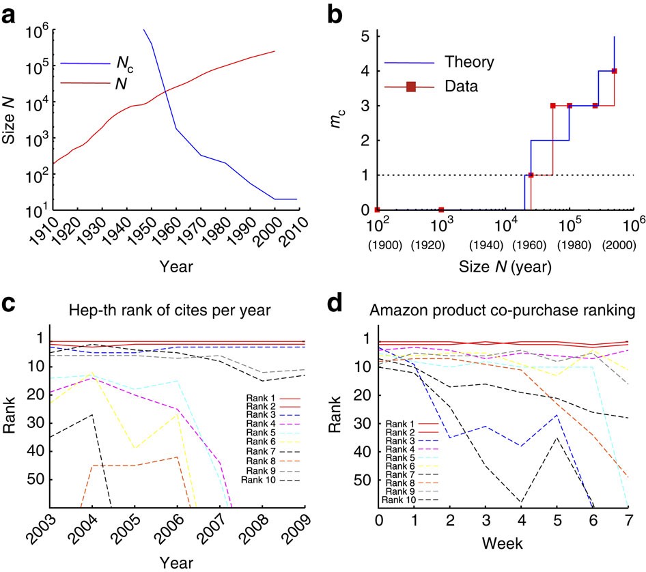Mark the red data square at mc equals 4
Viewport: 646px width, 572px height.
point(614,71)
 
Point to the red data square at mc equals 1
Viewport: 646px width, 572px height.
point(531,175)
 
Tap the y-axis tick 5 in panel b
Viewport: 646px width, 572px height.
point(365,35)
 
